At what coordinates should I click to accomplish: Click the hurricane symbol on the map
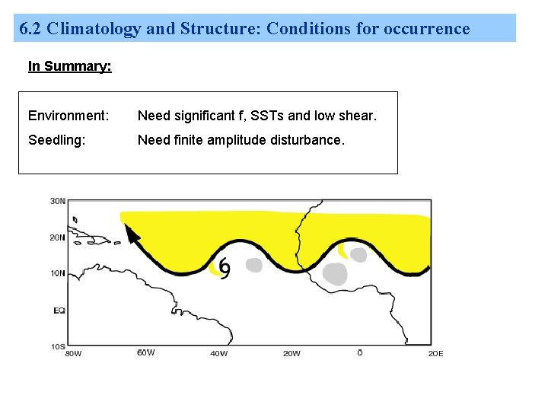[x=225, y=267]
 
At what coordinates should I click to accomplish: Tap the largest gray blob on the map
[x=335, y=273]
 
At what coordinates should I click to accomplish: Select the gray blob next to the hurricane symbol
[x=253, y=265]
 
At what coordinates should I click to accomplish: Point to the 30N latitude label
[x=57, y=202]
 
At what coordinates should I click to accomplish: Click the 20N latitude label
[x=57, y=237]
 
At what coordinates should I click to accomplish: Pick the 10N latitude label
[x=57, y=274]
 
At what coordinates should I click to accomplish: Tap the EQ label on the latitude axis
[x=59, y=311]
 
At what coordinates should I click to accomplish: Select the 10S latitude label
[x=57, y=346]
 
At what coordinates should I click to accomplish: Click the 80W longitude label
[x=73, y=353]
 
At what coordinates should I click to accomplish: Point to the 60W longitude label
[x=145, y=352]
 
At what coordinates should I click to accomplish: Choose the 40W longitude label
[x=218, y=353]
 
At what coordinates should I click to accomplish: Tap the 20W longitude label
[x=291, y=353]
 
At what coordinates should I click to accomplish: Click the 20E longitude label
[x=435, y=353]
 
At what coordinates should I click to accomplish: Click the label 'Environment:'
[x=68, y=116]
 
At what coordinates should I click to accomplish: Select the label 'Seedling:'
[x=56, y=140]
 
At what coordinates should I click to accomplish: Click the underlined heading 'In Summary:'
[x=69, y=66]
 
